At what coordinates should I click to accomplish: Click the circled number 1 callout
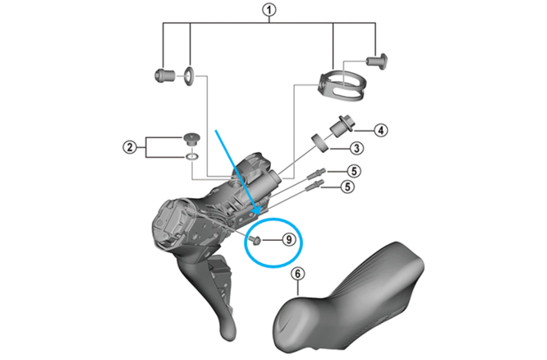coord(269,10)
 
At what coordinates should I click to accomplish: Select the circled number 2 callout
coord(130,147)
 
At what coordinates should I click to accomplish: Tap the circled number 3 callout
coord(356,149)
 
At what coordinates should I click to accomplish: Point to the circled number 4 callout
coord(380,131)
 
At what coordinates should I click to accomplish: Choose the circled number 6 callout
coord(297,274)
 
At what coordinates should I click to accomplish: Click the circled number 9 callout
coord(289,240)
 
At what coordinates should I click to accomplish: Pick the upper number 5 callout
coord(354,171)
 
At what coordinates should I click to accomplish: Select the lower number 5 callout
coord(347,187)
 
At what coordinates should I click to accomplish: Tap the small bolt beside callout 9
coord(255,240)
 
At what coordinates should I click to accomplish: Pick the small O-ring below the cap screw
coord(191,156)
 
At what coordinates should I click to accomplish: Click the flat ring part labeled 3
coord(320,142)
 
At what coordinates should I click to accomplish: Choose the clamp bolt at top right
coord(378,61)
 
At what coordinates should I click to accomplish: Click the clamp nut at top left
coord(164,75)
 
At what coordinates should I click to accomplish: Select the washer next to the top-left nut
coord(189,75)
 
